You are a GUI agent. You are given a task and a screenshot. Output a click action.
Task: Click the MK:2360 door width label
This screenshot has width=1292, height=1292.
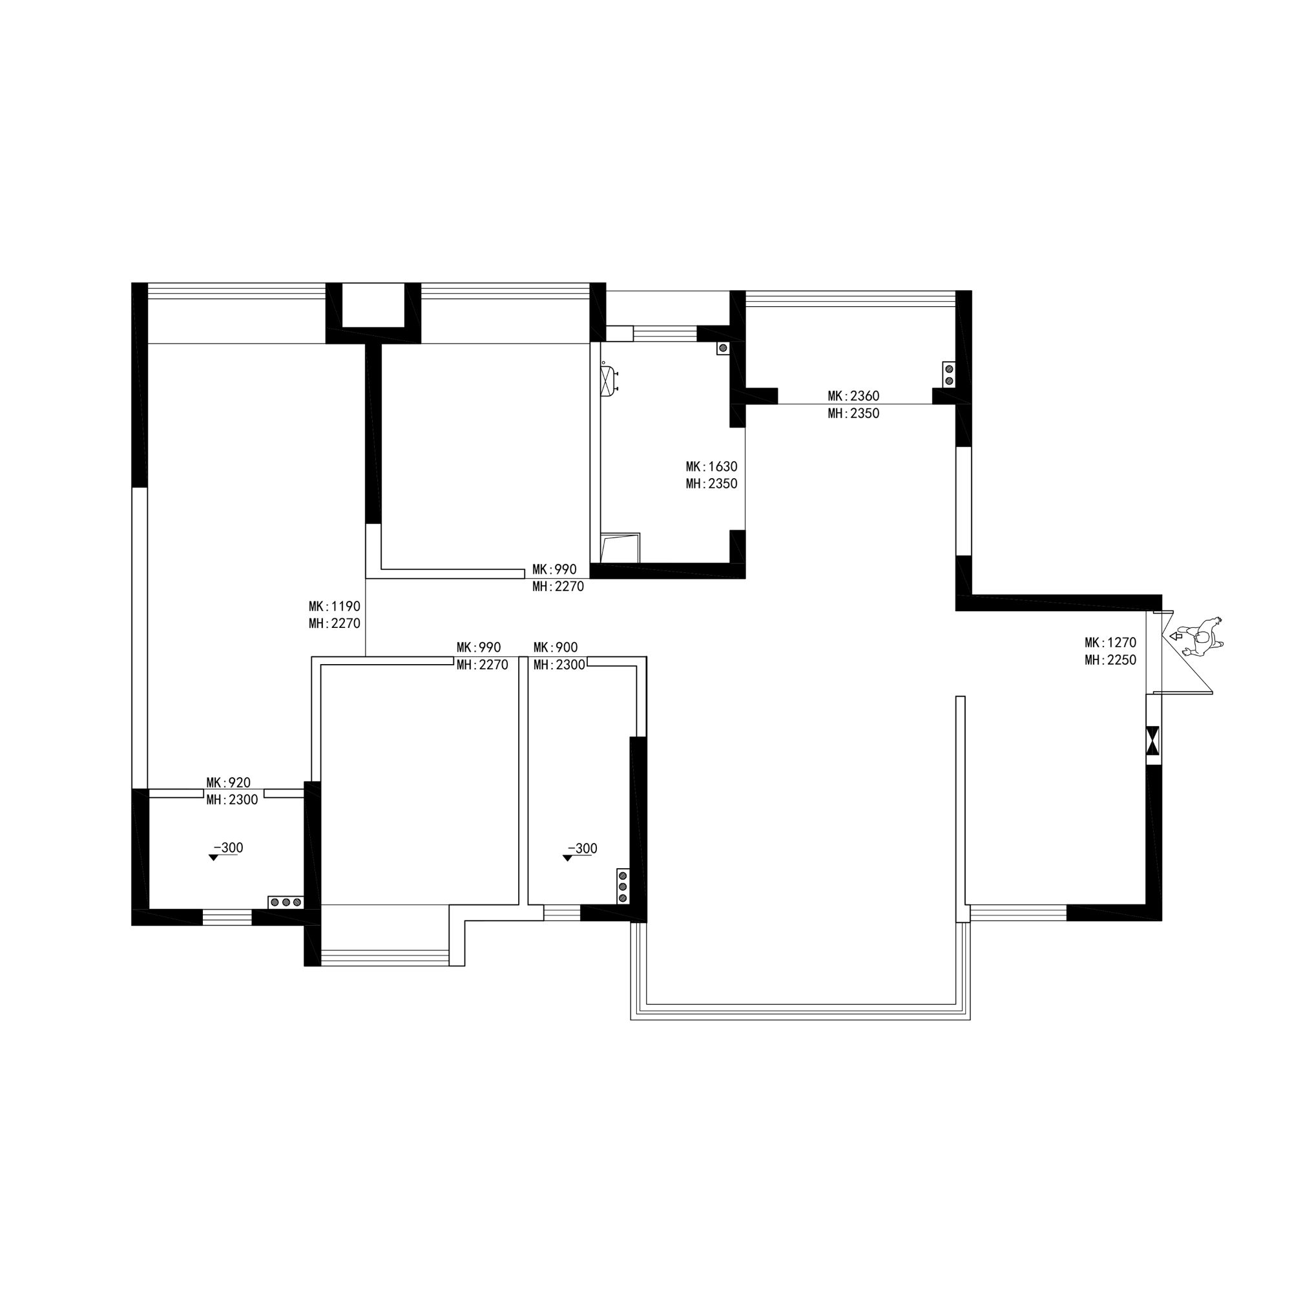click(x=853, y=396)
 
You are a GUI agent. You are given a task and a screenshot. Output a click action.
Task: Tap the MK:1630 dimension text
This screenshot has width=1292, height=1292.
click(x=711, y=466)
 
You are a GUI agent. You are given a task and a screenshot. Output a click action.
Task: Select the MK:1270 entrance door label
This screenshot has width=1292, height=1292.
click(x=1110, y=642)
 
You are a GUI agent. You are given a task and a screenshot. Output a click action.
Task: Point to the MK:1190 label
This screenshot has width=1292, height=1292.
click(x=335, y=606)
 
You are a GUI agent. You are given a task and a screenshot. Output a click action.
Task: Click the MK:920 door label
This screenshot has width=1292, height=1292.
click(x=228, y=782)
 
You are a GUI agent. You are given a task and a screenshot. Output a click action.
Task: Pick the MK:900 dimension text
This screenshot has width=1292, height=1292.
click(x=556, y=647)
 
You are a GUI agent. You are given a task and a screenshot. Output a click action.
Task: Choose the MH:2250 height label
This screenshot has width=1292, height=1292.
click(x=1110, y=660)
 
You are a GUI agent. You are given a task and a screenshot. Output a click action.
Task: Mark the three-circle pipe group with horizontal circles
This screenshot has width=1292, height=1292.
click(x=286, y=902)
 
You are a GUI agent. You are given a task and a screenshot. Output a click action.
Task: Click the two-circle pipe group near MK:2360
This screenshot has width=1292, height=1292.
click(x=949, y=375)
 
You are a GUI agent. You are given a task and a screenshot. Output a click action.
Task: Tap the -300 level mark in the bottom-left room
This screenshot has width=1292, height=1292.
click(x=226, y=851)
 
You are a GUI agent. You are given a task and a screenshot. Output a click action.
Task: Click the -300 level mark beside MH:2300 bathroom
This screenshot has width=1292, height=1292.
click(x=581, y=851)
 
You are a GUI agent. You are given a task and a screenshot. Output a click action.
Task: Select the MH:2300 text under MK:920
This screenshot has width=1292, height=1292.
click(x=232, y=800)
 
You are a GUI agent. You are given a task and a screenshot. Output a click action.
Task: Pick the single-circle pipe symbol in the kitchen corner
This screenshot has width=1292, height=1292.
click(x=723, y=348)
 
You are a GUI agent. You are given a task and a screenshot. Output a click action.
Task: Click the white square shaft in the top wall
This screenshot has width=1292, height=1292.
click(x=374, y=305)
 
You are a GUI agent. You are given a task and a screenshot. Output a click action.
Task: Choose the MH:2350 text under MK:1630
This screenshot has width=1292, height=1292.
click(x=711, y=483)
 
